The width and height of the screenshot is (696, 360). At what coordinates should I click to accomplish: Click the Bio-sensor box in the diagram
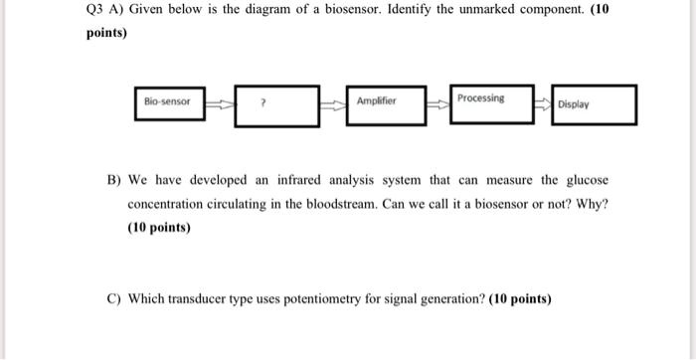pyautogui.click(x=169, y=102)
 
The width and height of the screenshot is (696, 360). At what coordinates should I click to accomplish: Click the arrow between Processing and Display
pyautogui.click(x=543, y=102)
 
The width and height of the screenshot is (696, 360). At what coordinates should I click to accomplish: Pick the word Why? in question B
pyautogui.click(x=594, y=204)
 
